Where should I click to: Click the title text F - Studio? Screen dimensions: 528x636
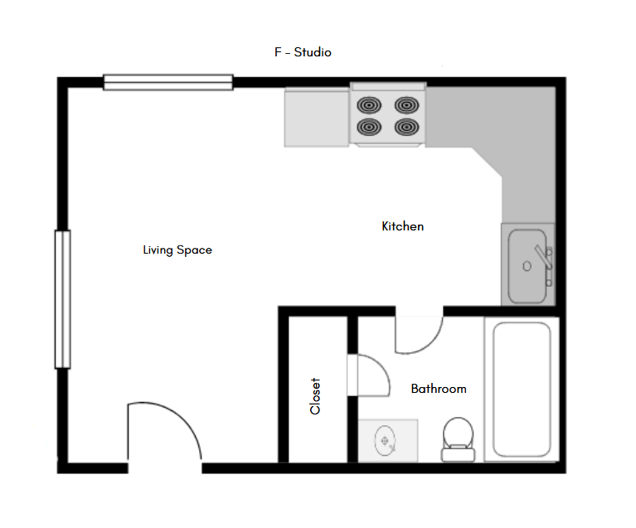coord(303,52)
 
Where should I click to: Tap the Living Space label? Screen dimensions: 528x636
coord(177,249)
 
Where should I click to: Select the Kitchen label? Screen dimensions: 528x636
coord(402,226)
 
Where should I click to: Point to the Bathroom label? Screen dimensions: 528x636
coord(439,389)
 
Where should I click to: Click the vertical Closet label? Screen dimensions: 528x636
coord(315,396)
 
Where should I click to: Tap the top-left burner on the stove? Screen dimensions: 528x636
coord(369,105)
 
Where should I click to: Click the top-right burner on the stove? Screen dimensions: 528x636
coord(406,105)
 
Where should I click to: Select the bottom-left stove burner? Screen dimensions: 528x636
coord(369,127)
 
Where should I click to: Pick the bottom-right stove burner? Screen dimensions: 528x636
coord(406,127)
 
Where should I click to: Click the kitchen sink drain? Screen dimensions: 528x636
coord(527,266)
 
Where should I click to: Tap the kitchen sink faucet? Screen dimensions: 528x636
coord(543,256)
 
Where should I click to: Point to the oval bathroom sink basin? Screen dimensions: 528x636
coord(385,440)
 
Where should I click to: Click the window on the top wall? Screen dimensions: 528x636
coord(168,81)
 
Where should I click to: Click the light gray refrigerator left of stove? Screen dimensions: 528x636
coord(317,118)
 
